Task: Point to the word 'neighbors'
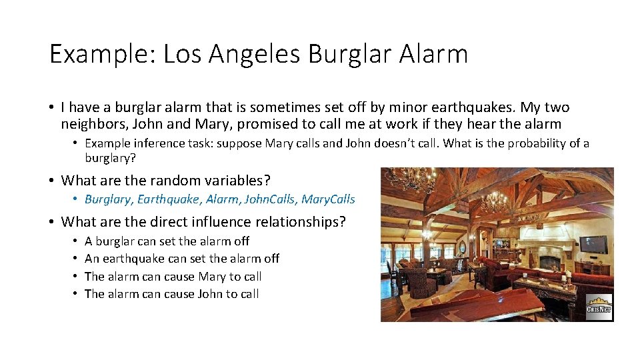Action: click(x=90, y=124)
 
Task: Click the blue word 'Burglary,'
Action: click(x=109, y=199)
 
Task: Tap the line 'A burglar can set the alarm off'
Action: click(x=167, y=241)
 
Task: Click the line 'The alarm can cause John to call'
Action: click(x=171, y=294)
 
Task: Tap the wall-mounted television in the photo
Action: click(x=593, y=245)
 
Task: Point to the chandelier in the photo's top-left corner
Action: click(x=407, y=178)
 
